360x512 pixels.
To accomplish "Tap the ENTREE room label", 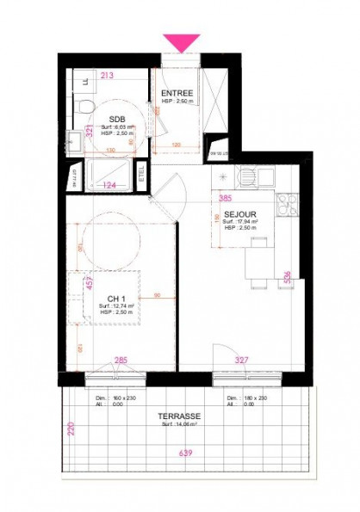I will pyautogui.click(x=177, y=92).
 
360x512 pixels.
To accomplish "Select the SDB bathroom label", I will pyautogui.click(x=117, y=120).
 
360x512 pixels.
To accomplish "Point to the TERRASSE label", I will pyautogui.click(x=179, y=416).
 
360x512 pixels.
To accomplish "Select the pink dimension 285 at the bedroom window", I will pyautogui.click(x=121, y=360).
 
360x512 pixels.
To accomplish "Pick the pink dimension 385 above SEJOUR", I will pyautogui.click(x=226, y=197).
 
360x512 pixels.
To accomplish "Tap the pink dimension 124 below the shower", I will pyautogui.click(x=109, y=184).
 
